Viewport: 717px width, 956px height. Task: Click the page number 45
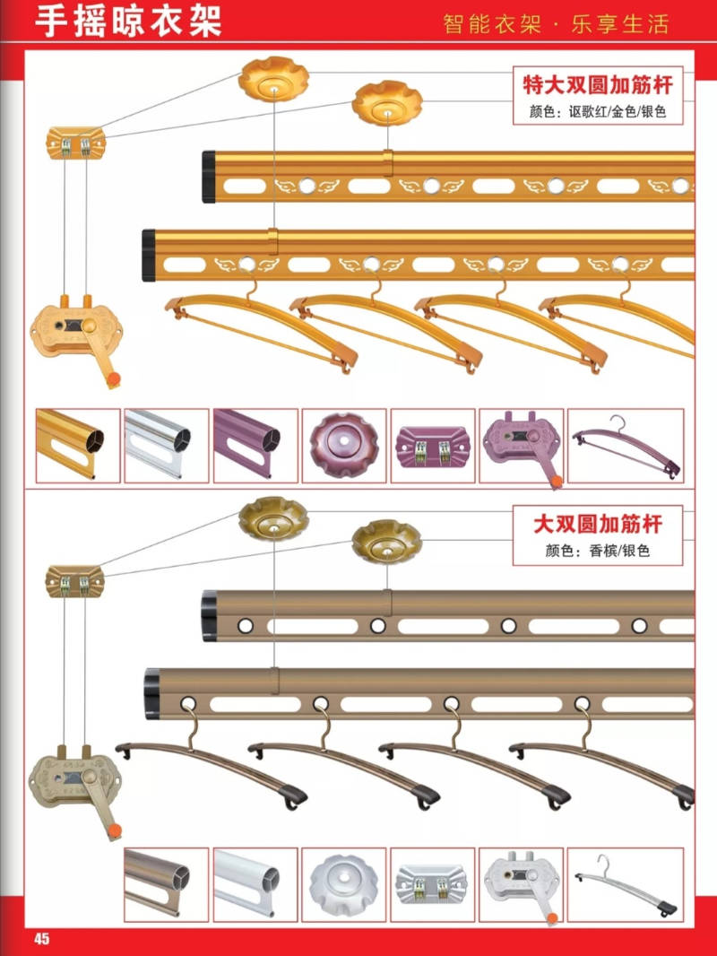point(41,938)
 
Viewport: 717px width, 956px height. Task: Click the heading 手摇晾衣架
point(128,21)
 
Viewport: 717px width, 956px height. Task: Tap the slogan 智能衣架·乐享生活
point(556,24)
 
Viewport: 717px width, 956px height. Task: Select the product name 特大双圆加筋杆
point(598,84)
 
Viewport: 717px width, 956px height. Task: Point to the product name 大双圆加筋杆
point(598,524)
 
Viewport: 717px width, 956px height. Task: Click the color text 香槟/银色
point(619,551)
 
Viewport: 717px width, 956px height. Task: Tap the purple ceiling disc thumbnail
point(344,445)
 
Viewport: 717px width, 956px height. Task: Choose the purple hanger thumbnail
point(626,447)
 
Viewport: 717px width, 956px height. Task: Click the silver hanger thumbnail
point(626,885)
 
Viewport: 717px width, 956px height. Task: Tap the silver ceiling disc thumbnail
point(343,884)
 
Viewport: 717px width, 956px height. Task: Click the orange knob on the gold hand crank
point(113,379)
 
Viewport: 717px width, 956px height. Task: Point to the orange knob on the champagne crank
point(114,830)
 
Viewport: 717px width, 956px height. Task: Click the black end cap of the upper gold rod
point(209,177)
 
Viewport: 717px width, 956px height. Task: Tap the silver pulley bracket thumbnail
point(432,884)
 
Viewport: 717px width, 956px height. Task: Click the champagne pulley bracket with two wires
point(75,580)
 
